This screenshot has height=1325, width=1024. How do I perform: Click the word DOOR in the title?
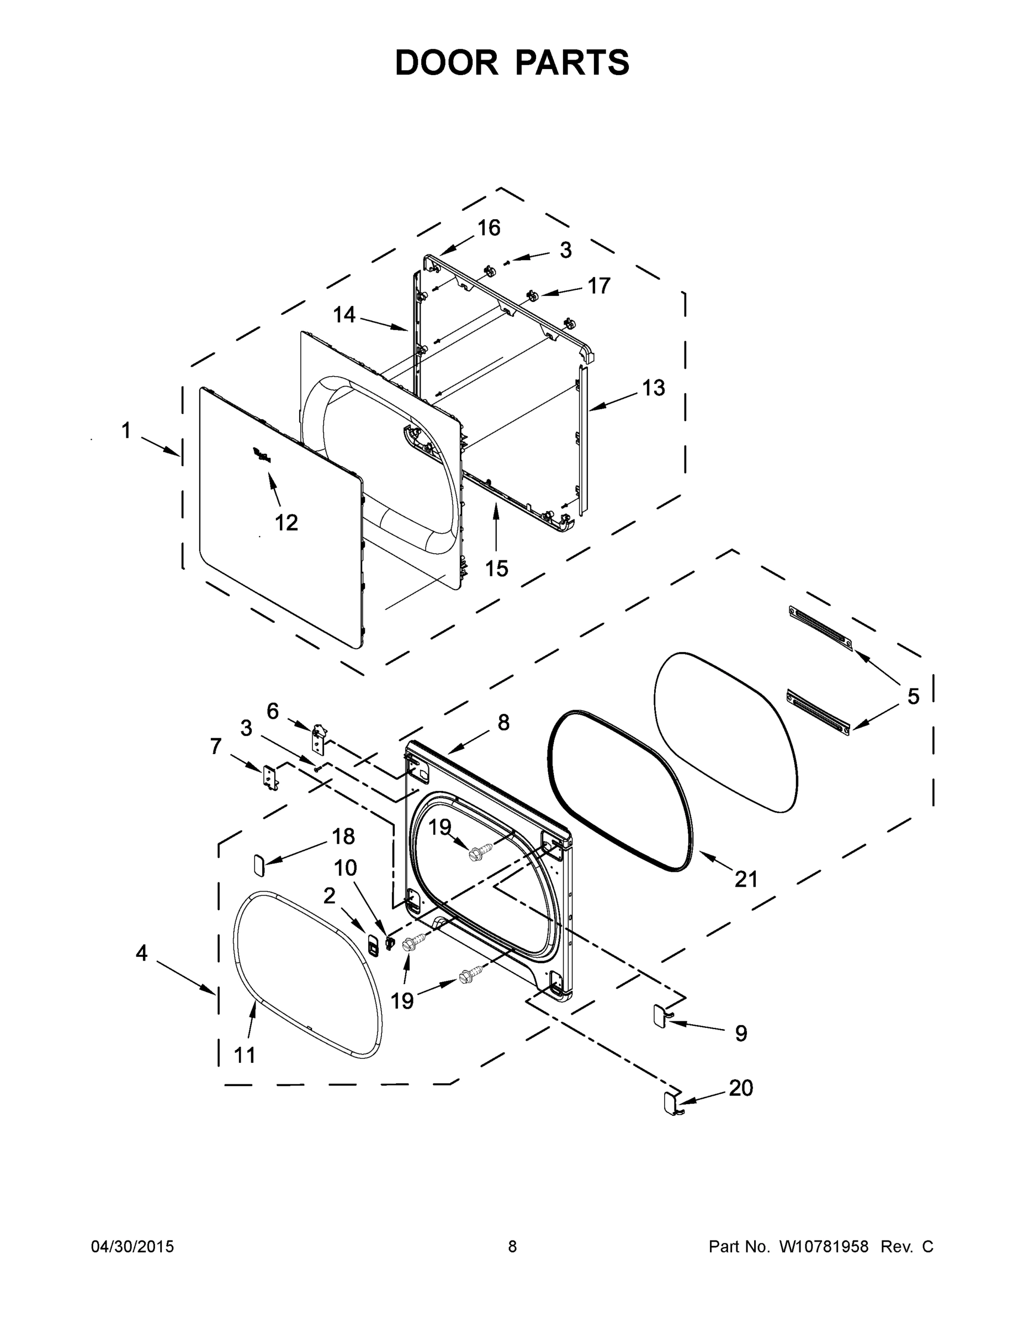[x=446, y=62]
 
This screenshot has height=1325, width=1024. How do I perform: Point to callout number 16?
[x=489, y=228]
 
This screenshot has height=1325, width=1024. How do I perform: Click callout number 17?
[x=599, y=286]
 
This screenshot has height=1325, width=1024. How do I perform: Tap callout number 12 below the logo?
[x=286, y=522]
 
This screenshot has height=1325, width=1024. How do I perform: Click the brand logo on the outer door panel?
[x=262, y=455]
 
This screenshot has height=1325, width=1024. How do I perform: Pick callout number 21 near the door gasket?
[x=746, y=879]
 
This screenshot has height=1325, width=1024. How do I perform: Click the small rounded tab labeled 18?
[x=258, y=864]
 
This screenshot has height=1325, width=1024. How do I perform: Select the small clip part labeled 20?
[x=670, y=1103]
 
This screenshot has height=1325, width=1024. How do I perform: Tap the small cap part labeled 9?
[x=660, y=1015]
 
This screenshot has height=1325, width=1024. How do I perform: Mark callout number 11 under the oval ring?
[x=245, y=1055]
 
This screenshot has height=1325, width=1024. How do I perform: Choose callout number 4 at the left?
[x=141, y=953]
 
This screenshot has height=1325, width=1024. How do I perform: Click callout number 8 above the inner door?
[x=503, y=723]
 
